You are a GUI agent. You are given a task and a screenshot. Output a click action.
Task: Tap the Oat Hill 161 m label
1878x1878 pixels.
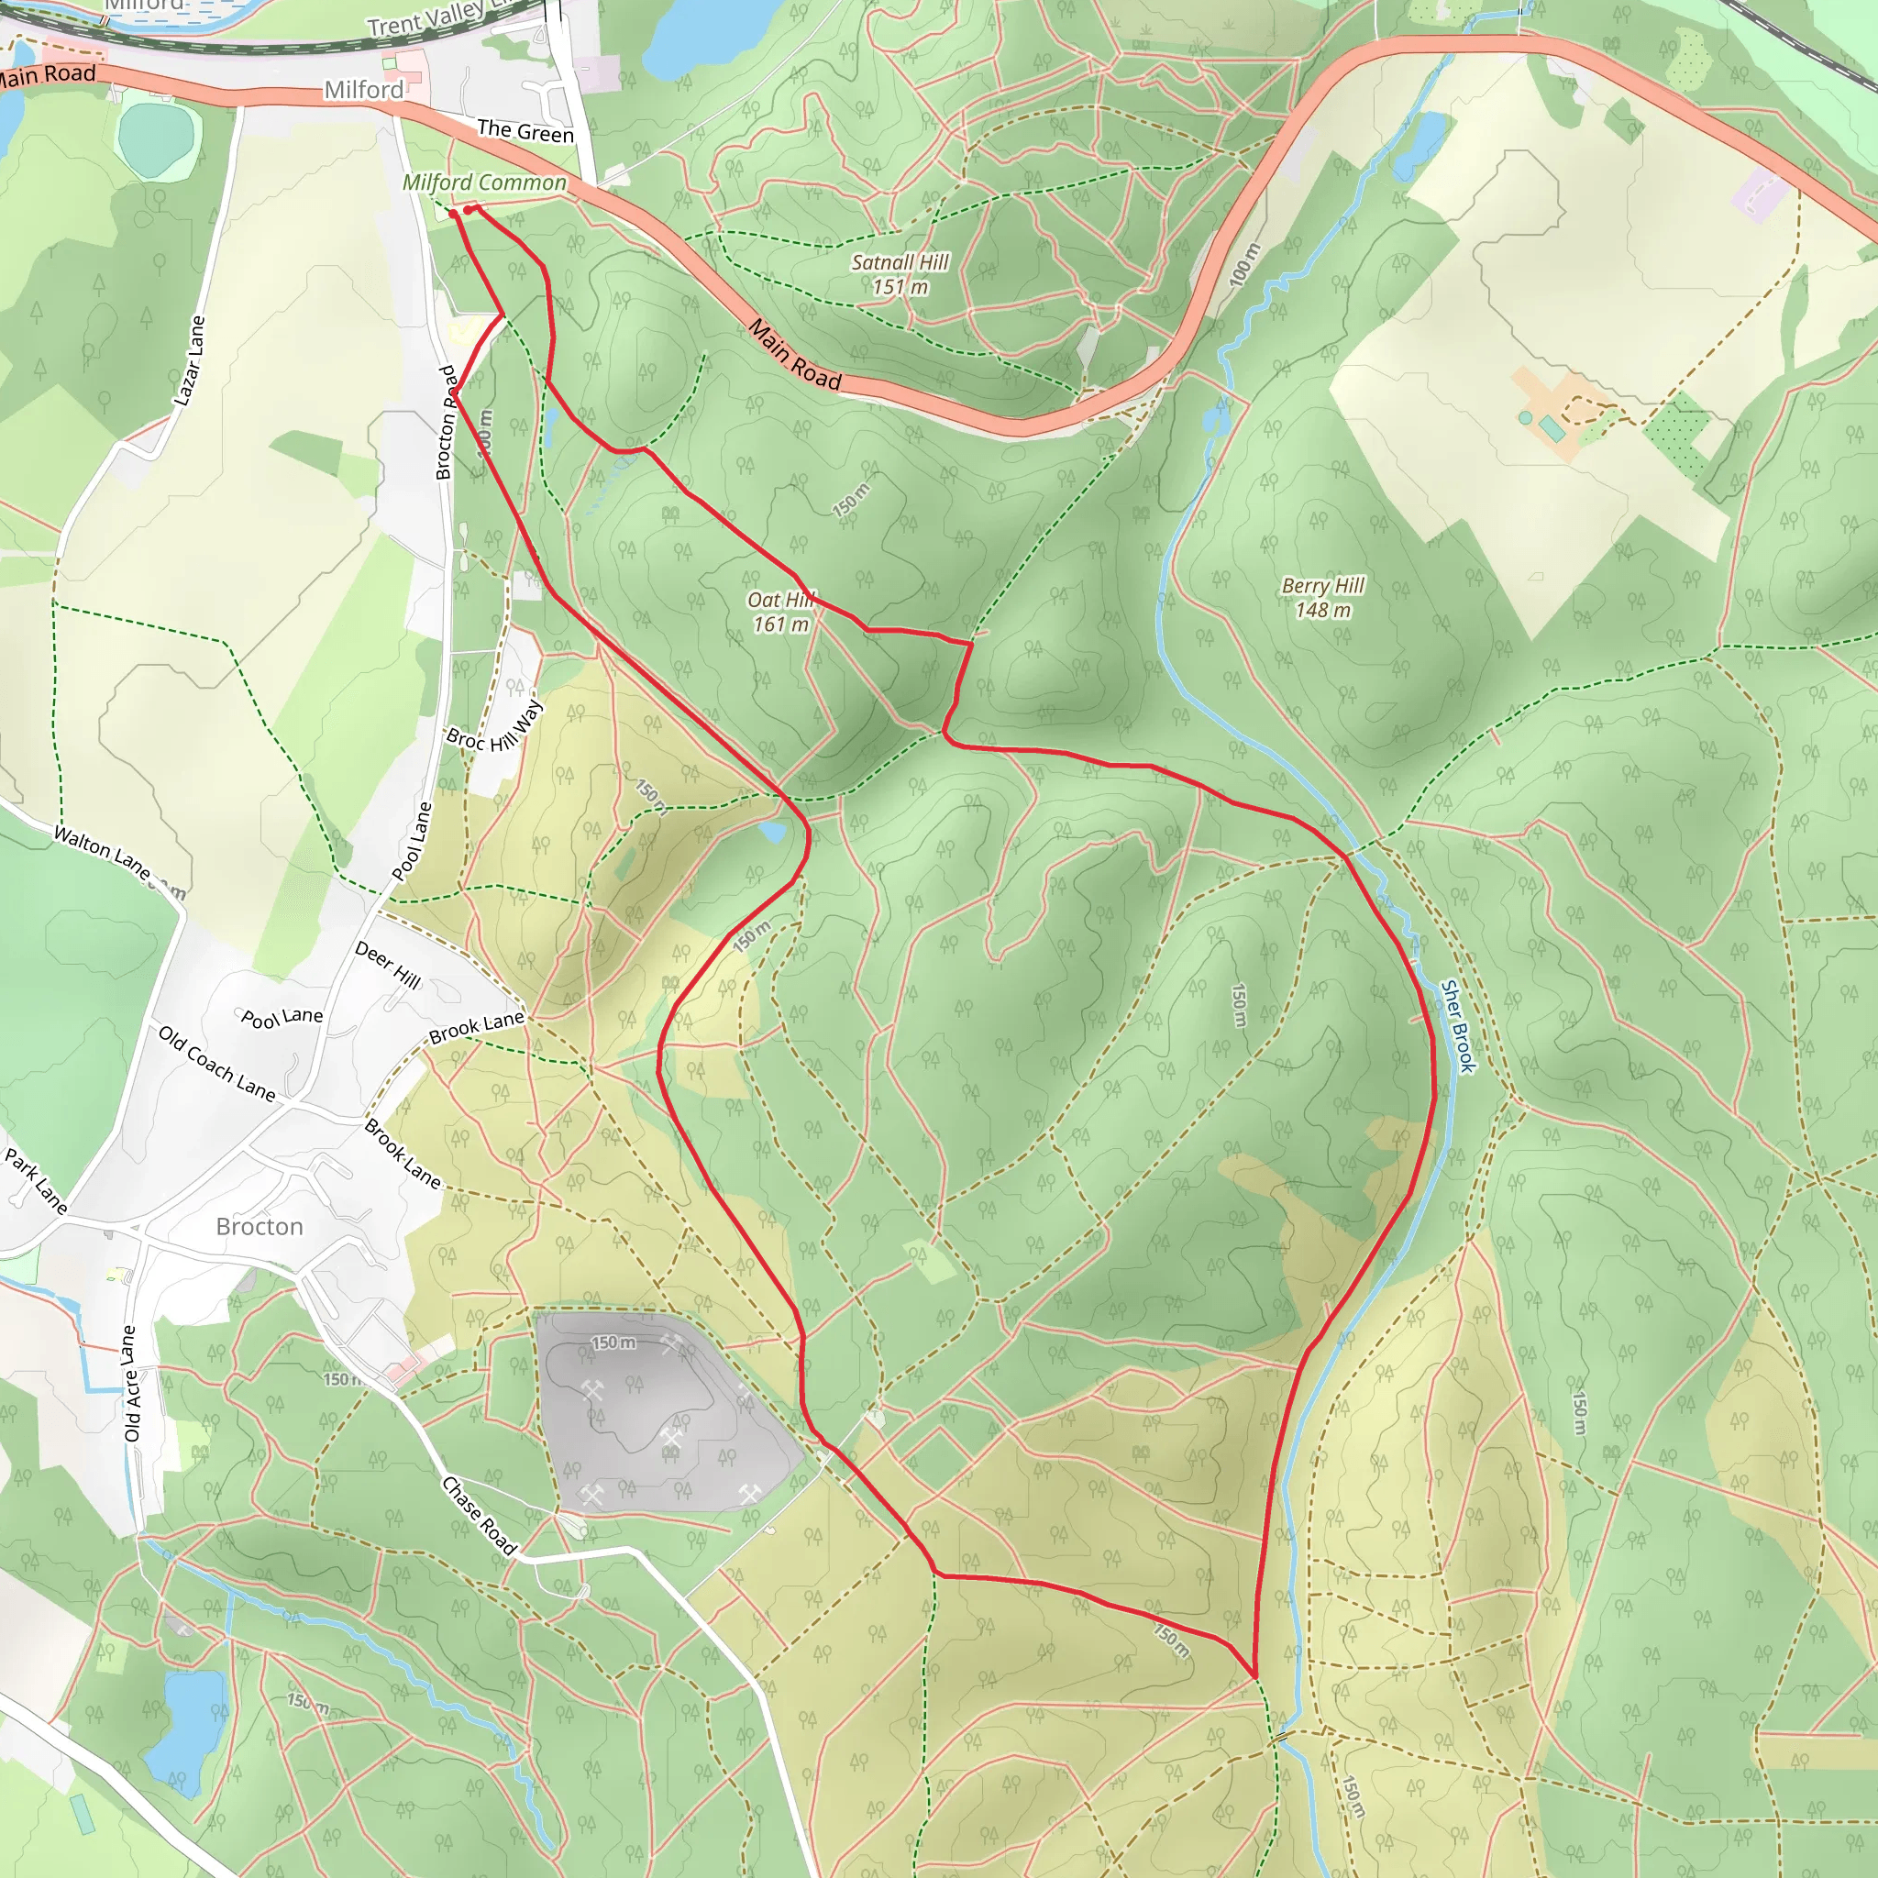click(780, 612)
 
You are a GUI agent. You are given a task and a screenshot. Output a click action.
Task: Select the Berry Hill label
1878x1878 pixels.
click(1322, 597)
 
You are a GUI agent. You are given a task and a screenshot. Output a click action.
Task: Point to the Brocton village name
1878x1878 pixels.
click(260, 1227)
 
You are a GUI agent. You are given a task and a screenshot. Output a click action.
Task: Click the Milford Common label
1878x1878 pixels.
click(484, 182)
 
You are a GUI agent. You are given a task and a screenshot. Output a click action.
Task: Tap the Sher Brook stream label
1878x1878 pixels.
click(1458, 1025)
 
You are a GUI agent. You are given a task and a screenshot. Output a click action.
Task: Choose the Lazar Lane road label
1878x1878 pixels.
click(190, 360)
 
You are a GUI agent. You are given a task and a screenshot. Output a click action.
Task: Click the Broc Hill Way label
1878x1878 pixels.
click(495, 726)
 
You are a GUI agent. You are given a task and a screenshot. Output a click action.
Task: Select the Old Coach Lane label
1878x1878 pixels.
click(216, 1064)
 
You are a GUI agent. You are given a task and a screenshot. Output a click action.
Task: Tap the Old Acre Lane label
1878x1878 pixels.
click(130, 1383)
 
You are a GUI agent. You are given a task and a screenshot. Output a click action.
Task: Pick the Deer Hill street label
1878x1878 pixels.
click(388, 966)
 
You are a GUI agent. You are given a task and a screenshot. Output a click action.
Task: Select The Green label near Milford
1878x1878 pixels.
click(525, 131)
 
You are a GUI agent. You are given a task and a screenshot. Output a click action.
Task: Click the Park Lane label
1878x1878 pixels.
click(36, 1181)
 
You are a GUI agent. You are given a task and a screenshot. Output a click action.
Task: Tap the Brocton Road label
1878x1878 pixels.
click(447, 423)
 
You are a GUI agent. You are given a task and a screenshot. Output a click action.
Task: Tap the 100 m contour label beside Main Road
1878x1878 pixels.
click(1245, 263)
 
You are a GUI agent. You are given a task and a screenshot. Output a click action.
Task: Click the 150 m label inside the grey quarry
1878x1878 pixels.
click(613, 1342)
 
